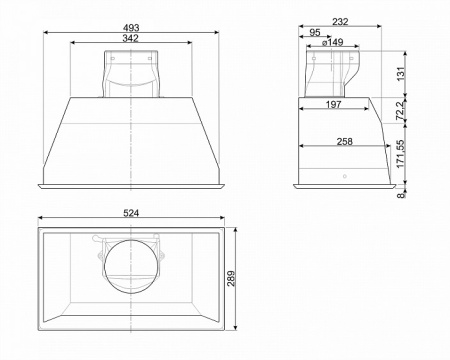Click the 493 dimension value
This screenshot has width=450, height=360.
coord(131,28)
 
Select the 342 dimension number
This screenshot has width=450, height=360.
coord(130,38)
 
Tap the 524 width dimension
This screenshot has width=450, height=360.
coord(131,213)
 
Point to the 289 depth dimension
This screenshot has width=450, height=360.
coord(231,278)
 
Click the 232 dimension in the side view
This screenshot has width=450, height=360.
coord(340,22)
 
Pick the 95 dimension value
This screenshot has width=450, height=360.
coord(315,32)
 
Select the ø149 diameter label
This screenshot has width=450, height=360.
coord(333,42)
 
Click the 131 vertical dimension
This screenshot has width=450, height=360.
coord(401,73)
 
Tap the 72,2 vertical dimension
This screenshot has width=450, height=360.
coord(401,110)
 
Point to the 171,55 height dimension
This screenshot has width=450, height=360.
coord(401,154)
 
